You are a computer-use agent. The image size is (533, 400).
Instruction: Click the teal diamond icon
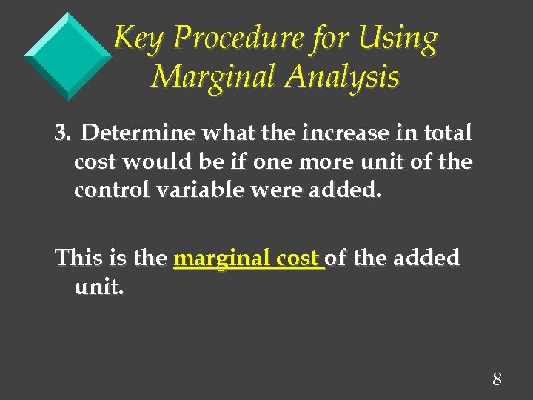click(x=67, y=56)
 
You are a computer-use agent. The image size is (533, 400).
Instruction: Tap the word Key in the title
click(x=135, y=39)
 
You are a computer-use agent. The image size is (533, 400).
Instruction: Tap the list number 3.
click(x=62, y=133)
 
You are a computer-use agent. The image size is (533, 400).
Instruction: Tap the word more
click(x=325, y=162)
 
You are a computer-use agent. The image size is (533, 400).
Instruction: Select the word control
click(x=110, y=190)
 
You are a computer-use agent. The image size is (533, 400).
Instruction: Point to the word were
click(x=276, y=190)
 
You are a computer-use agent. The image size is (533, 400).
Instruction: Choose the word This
click(x=79, y=259)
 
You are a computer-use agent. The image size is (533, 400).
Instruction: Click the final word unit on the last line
click(x=99, y=287)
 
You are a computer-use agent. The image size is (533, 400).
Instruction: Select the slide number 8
click(x=497, y=380)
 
